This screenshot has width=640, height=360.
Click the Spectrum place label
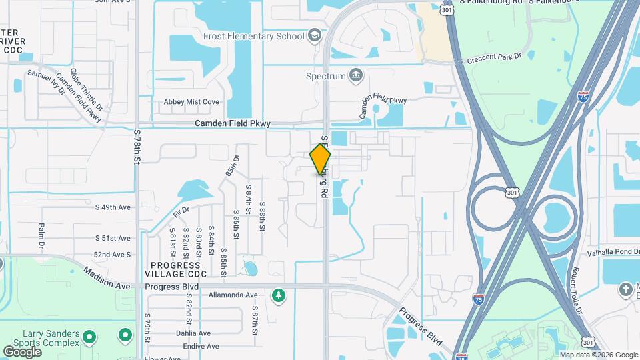(325, 76)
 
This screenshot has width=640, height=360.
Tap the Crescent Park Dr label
(497, 58)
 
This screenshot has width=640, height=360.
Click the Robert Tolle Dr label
(576, 291)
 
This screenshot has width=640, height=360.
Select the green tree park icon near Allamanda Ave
(277, 295)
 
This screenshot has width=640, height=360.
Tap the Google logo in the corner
(22, 351)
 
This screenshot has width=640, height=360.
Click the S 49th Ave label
(113, 207)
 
